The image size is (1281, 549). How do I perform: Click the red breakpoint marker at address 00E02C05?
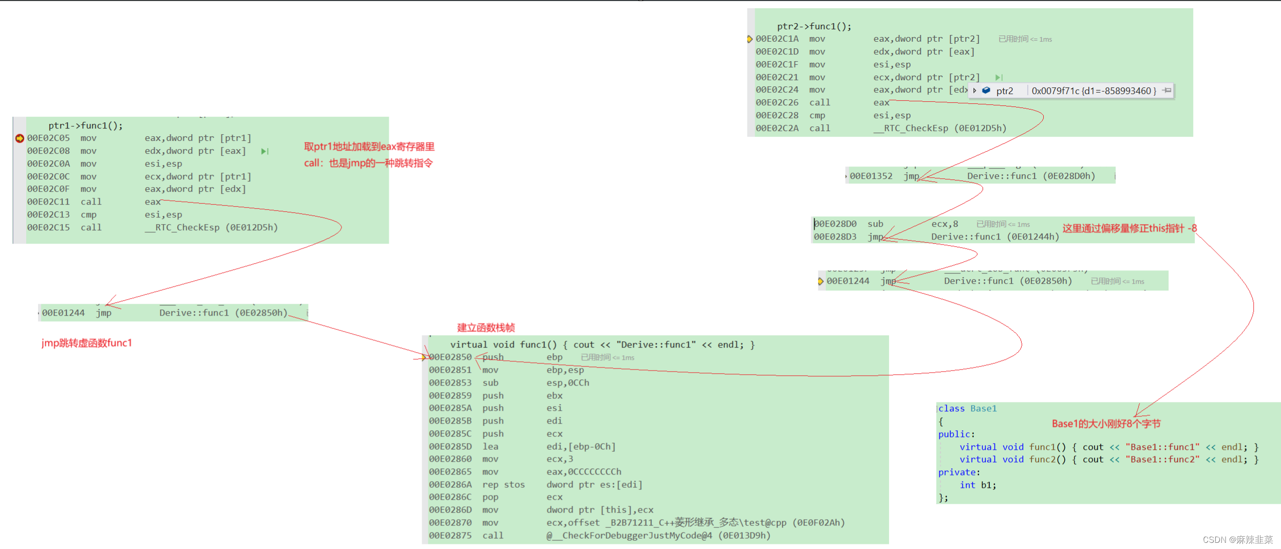pyautogui.click(x=20, y=138)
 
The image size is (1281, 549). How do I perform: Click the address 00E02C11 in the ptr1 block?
pyautogui.click(x=48, y=202)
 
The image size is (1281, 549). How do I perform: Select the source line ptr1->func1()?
pyautogui.click(x=86, y=125)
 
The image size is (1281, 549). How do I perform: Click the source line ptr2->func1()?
pyautogui.click(x=814, y=26)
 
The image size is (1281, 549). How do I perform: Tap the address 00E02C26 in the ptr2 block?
pyautogui.click(x=777, y=103)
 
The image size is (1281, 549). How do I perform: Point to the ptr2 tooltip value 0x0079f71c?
pyautogui.click(x=1093, y=91)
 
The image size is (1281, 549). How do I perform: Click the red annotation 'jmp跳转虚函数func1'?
pyautogui.click(x=87, y=343)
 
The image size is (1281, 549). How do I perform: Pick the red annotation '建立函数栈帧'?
pyautogui.click(x=486, y=327)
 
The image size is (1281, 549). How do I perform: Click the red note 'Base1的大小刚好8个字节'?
pyautogui.click(x=1106, y=424)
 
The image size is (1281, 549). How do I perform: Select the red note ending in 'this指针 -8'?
pyautogui.click(x=1129, y=228)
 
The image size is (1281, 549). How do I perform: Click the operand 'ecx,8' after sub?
pyautogui.click(x=945, y=224)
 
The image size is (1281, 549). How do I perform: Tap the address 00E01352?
pyautogui.click(x=871, y=176)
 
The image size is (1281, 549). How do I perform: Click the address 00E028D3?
pyautogui.click(x=835, y=237)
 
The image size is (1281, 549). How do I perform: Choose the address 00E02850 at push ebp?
pyautogui.click(x=450, y=357)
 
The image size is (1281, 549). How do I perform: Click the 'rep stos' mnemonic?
pyautogui.click(x=503, y=485)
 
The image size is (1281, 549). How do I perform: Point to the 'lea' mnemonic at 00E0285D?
pyautogui.click(x=490, y=447)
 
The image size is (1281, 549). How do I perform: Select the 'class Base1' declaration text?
pyautogui.click(x=967, y=409)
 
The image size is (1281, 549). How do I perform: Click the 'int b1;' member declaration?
pyautogui.click(x=978, y=485)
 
